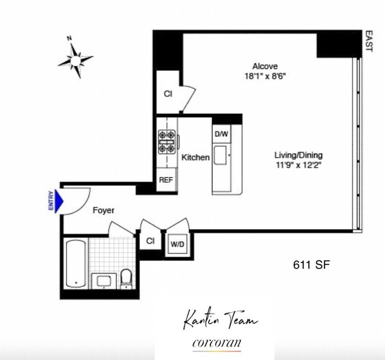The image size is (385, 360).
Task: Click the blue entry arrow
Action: [59, 200]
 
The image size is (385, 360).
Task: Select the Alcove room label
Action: [265, 67]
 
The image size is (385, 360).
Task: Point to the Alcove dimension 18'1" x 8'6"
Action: [265, 76]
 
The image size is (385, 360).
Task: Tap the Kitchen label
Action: [195, 157]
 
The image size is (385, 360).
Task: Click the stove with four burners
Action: [167, 142]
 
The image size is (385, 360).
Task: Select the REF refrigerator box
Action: [166, 180]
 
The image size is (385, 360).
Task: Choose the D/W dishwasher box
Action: [222, 134]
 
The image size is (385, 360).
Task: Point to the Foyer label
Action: [104, 210]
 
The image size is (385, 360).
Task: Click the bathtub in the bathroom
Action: [76, 263]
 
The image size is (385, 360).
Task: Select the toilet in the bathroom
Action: [126, 278]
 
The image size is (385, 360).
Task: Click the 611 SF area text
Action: [311, 265]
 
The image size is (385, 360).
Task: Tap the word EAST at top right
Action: [369, 41]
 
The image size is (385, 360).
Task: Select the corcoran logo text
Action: [216, 343]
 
